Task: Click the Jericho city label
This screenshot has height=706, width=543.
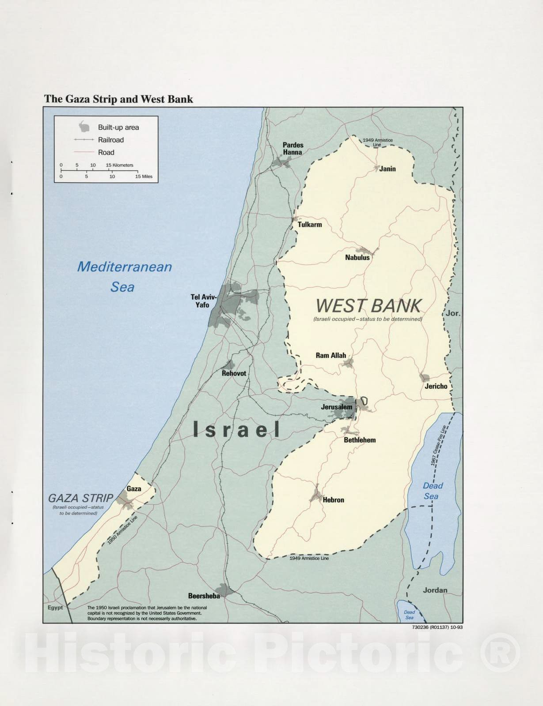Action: [436, 386]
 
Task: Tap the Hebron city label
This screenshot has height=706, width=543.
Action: [333, 500]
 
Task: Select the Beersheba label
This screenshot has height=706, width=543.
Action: [204, 596]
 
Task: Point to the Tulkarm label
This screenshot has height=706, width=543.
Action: [309, 225]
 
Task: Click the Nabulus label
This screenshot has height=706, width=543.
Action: [357, 257]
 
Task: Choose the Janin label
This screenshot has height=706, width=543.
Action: [387, 169]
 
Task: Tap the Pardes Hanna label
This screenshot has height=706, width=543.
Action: [293, 149]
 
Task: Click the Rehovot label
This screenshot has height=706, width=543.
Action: [234, 373]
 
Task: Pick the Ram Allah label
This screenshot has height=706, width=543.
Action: [330, 355]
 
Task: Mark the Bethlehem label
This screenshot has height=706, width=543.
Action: [360, 440]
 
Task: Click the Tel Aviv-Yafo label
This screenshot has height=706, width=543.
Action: [201, 301]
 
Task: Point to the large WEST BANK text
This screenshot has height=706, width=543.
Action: [368, 306]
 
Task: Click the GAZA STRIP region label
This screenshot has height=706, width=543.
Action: [80, 498]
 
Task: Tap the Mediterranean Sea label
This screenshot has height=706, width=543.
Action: [124, 277]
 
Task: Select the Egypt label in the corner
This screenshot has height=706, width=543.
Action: [55, 608]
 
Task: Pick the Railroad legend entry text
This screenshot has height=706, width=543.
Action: [111, 140]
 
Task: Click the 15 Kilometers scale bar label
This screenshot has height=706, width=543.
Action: [119, 165]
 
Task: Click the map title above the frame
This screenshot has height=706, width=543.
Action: [118, 99]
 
